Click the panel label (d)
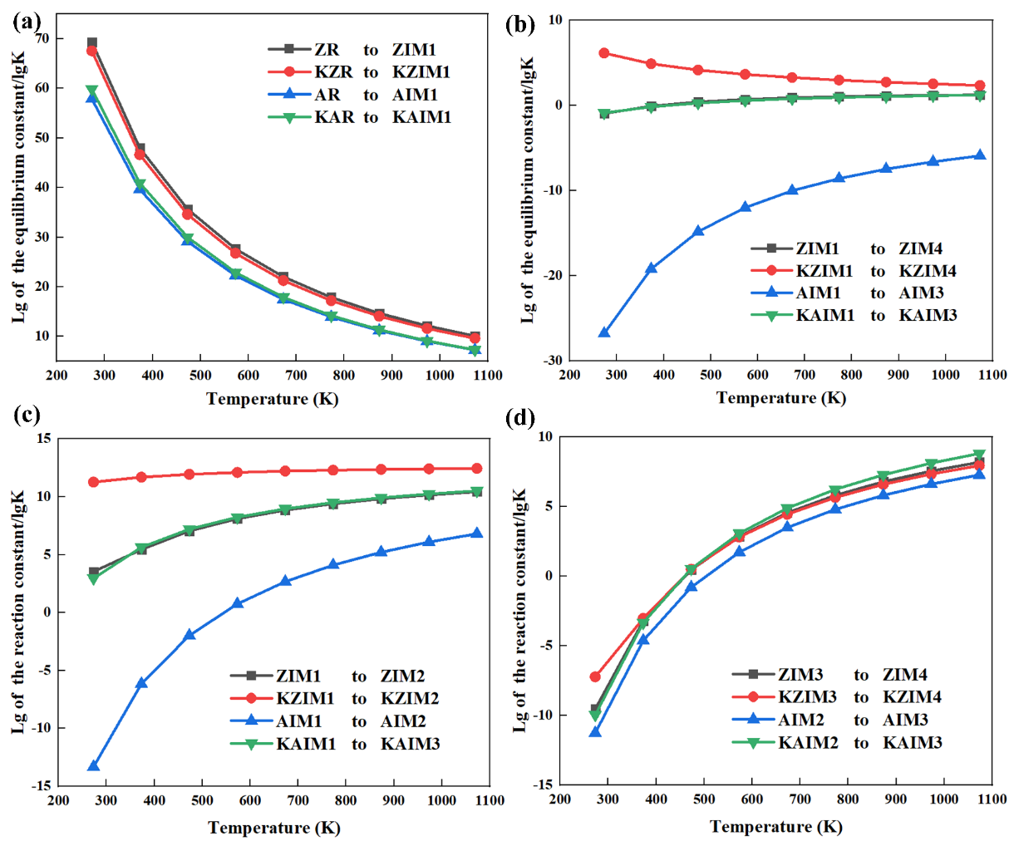pyautogui.click(x=520, y=417)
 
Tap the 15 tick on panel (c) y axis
pyautogui.click(x=42, y=439)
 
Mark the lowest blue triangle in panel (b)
pyautogui.click(x=604, y=332)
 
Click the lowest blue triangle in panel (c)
pyautogui.click(x=94, y=766)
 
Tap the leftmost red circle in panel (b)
pyautogui.click(x=604, y=53)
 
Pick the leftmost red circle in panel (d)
pyautogui.click(x=595, y=677)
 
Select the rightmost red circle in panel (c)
pyautogui.click(x=476, y=469)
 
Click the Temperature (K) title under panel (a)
pyautogui.click(x=273, y=399)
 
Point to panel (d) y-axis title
pyautogui.click(x=520, y=610)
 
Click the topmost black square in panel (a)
pyautogui.click(x=92, y=42)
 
